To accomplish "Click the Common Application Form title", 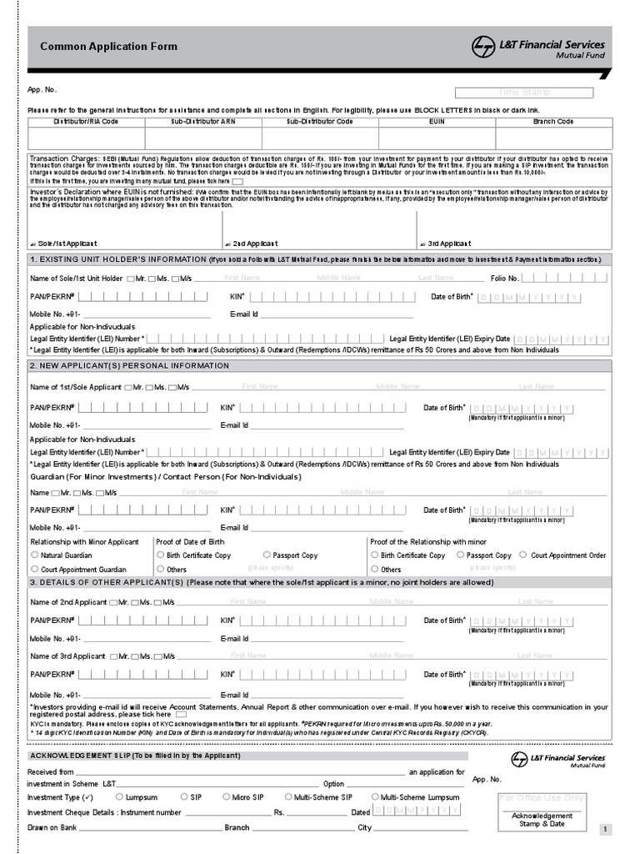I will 109,47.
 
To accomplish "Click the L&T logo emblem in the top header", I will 483,47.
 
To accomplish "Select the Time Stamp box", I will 524,93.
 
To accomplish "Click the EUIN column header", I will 437,122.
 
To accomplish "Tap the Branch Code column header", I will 553,122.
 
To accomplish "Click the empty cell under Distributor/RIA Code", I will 86,138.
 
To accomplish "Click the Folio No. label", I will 504,278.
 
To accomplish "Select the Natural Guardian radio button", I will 35,555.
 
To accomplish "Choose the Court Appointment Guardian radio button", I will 35,570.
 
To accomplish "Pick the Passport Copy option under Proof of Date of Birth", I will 267,555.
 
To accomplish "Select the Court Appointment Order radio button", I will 522,555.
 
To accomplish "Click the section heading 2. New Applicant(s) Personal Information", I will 129,366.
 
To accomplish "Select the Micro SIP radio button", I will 227,797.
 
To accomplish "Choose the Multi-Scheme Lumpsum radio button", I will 375,797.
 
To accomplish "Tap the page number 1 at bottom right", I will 606,830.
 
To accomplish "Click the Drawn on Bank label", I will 52,827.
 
